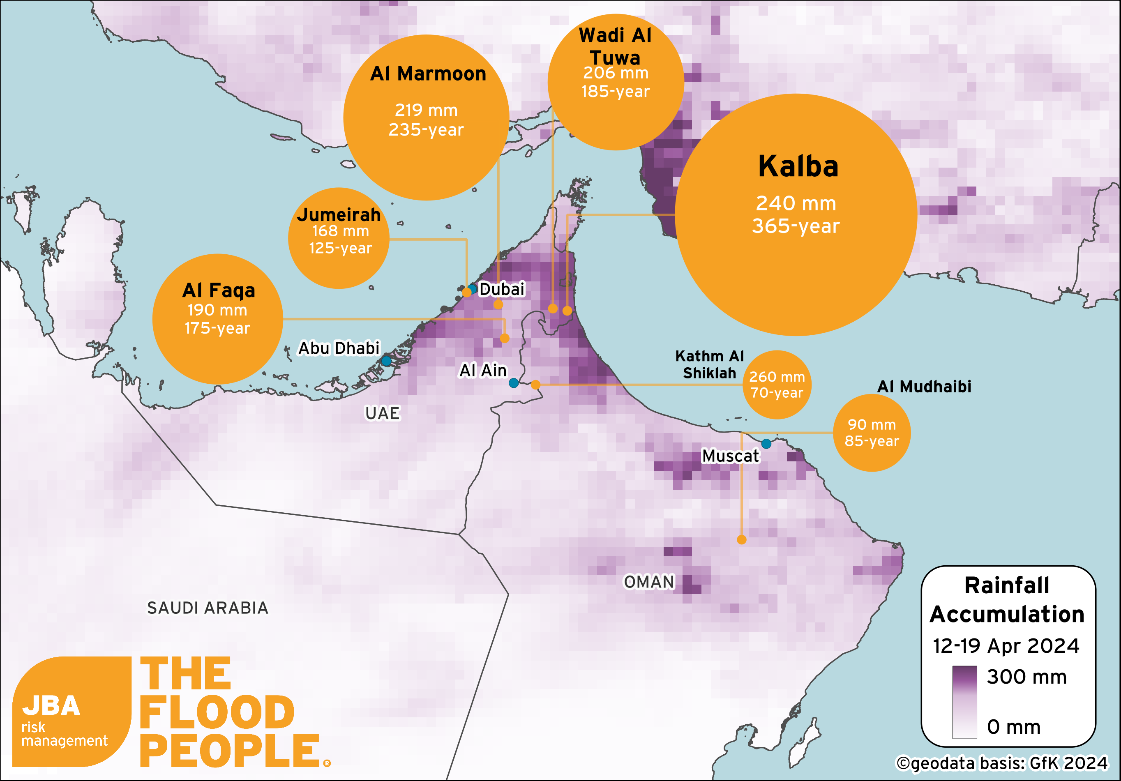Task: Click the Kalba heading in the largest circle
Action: tap(798, 166)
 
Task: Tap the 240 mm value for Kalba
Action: tap(796, 203)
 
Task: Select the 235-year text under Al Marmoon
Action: tap(426, 130)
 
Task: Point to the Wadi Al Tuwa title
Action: tap(615, 46)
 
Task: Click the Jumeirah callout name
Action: tap(339, 215)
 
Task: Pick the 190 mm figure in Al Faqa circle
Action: tap(217, 310)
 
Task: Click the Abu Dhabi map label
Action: tap(339, 348)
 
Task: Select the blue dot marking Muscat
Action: tap(766, 443)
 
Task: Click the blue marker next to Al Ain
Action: tap(514, 383)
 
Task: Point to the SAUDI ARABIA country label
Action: tap(208, 608)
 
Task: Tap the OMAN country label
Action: tap(649, 582)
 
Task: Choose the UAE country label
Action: tap(382, 413)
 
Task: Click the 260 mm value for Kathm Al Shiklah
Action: tap(777, 377)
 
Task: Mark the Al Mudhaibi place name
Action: tap(924, 387)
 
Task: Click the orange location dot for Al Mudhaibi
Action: tap(741, 539)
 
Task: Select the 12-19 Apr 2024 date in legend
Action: tap(1006, 646)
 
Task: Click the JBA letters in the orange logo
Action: tap(51, 706)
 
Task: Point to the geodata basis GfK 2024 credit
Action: tap(1002, 763)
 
